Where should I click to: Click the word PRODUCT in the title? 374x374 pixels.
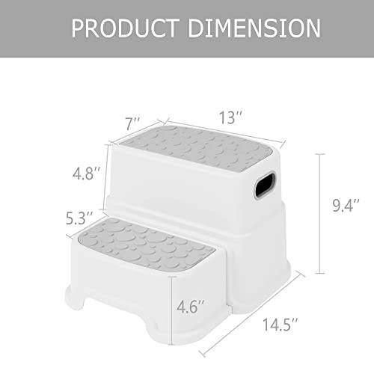[x=124, y=28]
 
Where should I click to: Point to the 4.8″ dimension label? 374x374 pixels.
[x=87, y=174]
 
